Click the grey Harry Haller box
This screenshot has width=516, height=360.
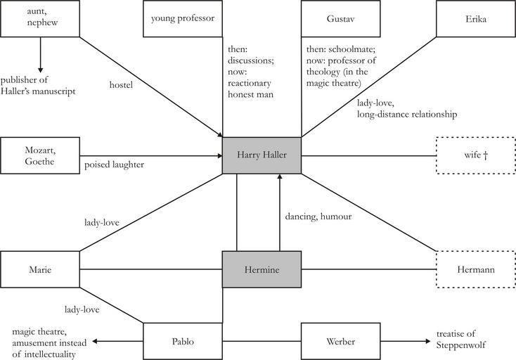pos(262,155)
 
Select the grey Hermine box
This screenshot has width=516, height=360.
pos(262,269)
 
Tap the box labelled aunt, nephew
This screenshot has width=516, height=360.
pos(39,18)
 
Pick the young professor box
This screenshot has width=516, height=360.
pos(182,18)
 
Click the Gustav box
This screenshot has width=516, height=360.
pos(340,18)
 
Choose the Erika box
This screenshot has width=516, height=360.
pos(475,18)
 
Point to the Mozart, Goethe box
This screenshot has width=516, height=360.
pos(39,155)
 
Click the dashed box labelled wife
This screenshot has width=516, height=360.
pos(475,155)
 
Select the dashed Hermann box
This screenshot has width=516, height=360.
pos(475,269)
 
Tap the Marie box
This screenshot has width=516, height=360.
pos(39,269)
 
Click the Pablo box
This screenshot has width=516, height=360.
pos(182,341)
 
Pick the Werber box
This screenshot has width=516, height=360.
pos(340,341)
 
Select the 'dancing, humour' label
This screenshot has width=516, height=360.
pos(318,217)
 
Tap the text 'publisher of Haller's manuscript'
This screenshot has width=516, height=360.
pos(38,85)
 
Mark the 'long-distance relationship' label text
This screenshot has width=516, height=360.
pos(406,114)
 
